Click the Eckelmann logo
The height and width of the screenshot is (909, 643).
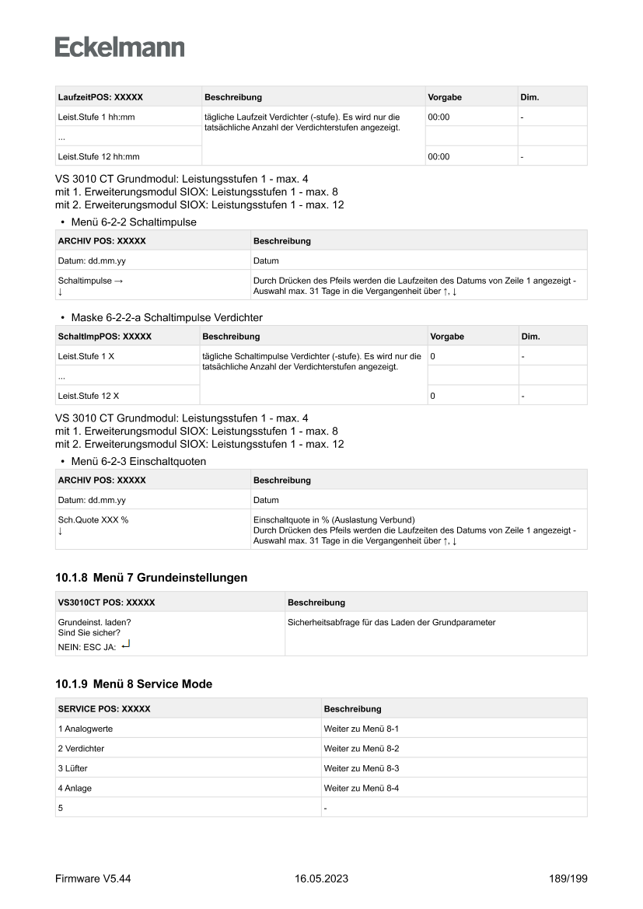120,47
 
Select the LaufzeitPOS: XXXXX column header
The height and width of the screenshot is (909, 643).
100,97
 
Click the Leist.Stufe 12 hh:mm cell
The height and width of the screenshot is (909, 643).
96,156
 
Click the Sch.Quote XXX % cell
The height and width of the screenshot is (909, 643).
93,520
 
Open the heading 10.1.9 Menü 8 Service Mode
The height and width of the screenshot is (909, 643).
133,684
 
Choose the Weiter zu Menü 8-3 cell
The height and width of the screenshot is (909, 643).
361,768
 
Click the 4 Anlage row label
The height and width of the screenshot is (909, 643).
76,788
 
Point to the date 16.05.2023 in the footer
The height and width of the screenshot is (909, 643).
321,879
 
